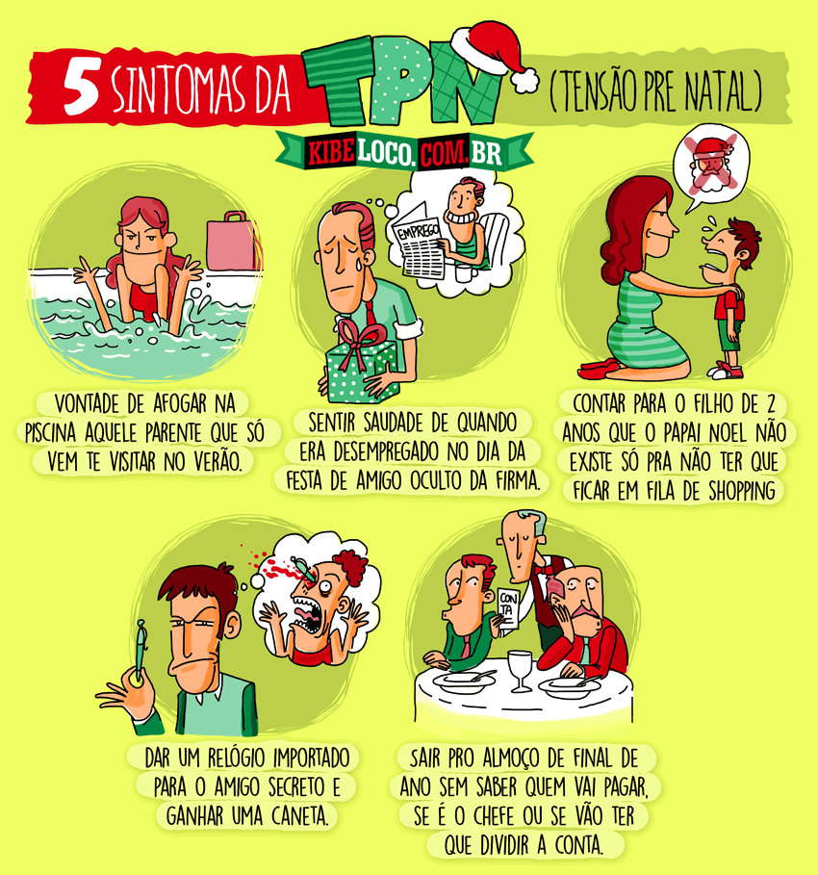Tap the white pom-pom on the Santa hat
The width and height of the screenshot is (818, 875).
524,80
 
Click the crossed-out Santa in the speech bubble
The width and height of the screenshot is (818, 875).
710,165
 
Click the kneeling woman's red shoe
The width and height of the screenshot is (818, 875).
600,369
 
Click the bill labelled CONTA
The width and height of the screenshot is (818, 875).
507,608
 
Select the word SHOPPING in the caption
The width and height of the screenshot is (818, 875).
742,491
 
